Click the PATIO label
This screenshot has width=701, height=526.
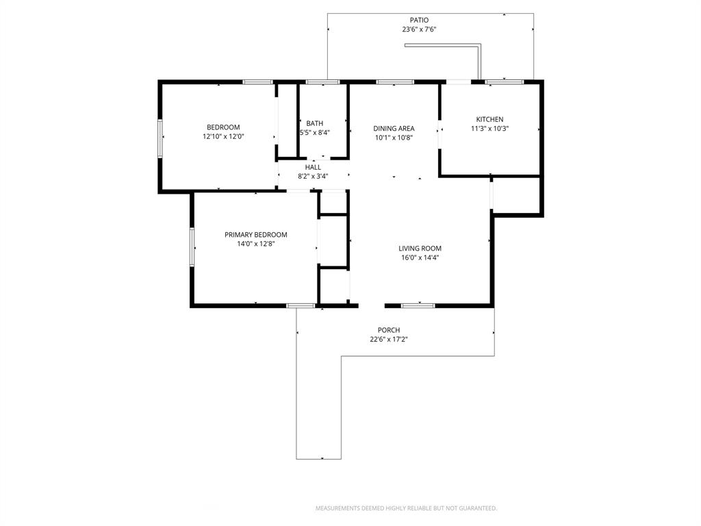(x=419, y=20)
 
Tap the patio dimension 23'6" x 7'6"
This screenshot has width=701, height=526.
(x=419, y=29)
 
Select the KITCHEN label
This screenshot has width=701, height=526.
(x=489, y=119)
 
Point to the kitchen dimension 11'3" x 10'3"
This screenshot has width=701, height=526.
(x=489, y=129)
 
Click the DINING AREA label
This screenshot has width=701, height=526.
(x=394, y=128)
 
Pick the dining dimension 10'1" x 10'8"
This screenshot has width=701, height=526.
(x=394, y=138)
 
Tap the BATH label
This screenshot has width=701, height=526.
(x=315, y=123)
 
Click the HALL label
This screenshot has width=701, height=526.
(x=313, y=167)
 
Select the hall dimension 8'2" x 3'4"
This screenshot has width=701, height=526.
(x=313, y=176)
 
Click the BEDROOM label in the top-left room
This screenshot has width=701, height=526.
(x=223, y=127)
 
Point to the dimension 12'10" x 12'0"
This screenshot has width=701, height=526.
(x=223, y=136)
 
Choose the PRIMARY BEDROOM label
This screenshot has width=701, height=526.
(x=256, y=234)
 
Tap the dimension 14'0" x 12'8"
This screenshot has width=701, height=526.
(x=256, y=244)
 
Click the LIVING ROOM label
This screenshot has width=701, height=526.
(x=420, y=249)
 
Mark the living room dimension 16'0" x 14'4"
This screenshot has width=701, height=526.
(x=420, y=258)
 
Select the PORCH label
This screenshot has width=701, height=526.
(x=389, y=330)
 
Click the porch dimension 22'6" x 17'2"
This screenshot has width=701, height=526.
(x=389, y=339)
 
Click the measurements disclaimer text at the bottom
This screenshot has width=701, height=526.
(x=406, y=508)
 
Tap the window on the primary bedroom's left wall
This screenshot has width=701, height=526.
(x=192, y=247)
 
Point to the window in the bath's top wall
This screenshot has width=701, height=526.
(x=322, y=82)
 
